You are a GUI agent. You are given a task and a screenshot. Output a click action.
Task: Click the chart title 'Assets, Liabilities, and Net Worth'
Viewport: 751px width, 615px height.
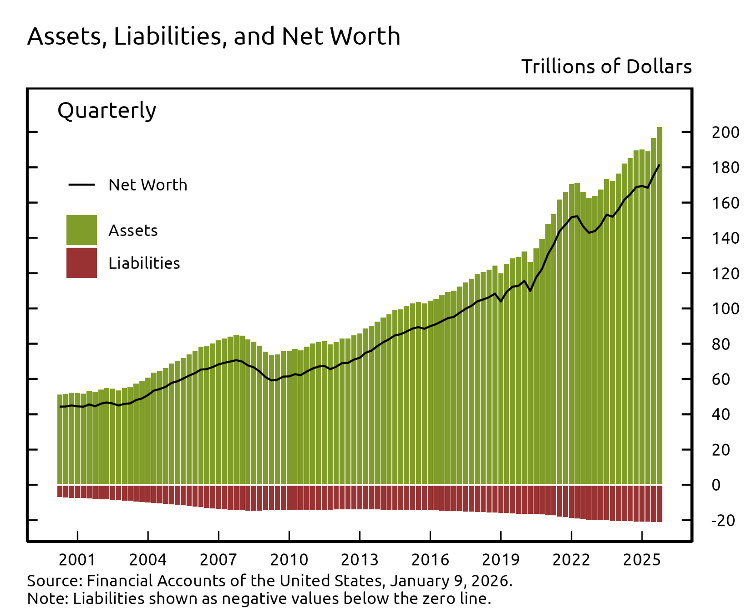(214, 36)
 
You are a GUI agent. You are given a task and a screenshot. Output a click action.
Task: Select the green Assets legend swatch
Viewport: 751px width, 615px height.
(82, 230)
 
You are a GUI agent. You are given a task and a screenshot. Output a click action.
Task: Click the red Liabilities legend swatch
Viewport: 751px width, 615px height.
(82, 263)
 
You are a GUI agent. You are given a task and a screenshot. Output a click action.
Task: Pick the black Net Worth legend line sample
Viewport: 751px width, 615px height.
(82, 184)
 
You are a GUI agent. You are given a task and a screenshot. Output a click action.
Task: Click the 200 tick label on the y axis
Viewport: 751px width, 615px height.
(726, 133)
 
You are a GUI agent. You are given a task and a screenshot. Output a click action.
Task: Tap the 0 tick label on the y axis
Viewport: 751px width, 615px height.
(716, 485)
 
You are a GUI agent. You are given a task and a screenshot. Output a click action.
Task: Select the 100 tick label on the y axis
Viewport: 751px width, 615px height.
(726, 309)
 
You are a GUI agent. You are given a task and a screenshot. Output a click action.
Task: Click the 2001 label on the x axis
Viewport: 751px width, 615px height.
(77, 560)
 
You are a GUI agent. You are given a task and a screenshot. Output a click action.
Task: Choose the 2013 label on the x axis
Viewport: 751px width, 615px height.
(360, 560)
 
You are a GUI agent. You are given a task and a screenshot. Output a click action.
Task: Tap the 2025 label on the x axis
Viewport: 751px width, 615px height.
(642, 560)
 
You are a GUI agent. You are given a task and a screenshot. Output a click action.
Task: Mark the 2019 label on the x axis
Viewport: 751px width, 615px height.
(501, 560)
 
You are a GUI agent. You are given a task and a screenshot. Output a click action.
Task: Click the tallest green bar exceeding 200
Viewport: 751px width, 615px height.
(659, 305)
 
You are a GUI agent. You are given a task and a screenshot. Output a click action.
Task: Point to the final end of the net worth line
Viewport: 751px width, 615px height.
(659, 165)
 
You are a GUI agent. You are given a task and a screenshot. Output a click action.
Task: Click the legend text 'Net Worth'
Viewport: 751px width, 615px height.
(148, 185)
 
